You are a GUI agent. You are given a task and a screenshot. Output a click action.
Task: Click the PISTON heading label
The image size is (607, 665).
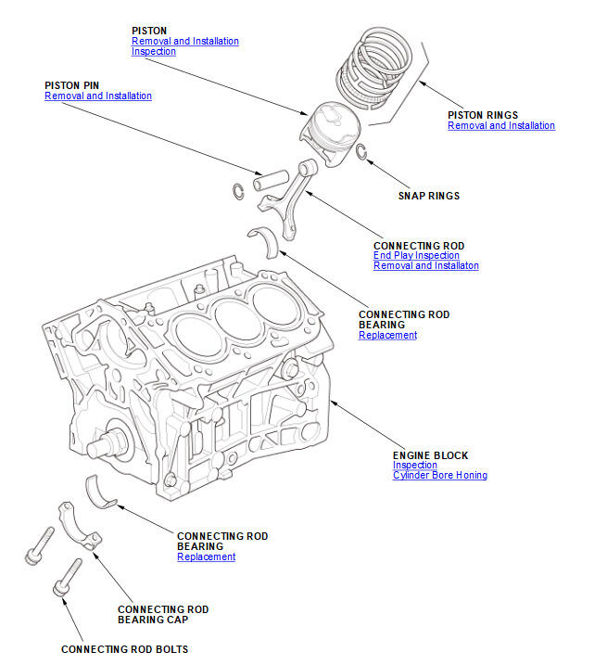click(x=149, y=31)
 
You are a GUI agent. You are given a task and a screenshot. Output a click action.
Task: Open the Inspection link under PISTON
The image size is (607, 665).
click(x=153, y=52)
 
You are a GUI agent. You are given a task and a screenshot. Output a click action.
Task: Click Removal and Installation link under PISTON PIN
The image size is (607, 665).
click(x=97, y=96)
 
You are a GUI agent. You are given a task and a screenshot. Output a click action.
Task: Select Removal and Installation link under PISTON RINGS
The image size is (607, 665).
click(x=500, y=125)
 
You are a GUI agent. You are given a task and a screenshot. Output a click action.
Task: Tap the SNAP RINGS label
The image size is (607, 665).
click(x=428, y=196)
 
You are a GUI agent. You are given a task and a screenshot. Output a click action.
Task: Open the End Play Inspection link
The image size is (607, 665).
click(x=416, y=256)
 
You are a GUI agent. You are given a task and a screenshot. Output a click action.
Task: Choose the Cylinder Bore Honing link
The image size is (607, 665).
click(x=439, y=475)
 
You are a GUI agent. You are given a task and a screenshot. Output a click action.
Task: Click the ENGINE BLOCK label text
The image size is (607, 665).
click(x=430, y=455)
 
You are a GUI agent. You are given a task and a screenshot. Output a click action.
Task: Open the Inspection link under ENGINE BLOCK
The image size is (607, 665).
click(x=414, y=466)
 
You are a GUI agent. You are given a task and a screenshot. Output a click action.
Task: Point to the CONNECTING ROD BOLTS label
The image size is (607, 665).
click(x=124, y=649)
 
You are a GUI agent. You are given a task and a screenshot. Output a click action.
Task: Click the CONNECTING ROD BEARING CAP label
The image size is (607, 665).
click(x=163, y=614)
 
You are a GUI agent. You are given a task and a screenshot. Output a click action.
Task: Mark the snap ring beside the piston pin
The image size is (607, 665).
click(x=237, y=191)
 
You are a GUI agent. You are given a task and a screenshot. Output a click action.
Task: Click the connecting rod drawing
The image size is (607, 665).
click(x=298, y=195)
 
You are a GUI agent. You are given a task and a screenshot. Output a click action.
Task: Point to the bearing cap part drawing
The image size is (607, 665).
click(x=76, y=524)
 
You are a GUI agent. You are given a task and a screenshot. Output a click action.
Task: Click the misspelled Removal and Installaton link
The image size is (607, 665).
click(x=425, y=266)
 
